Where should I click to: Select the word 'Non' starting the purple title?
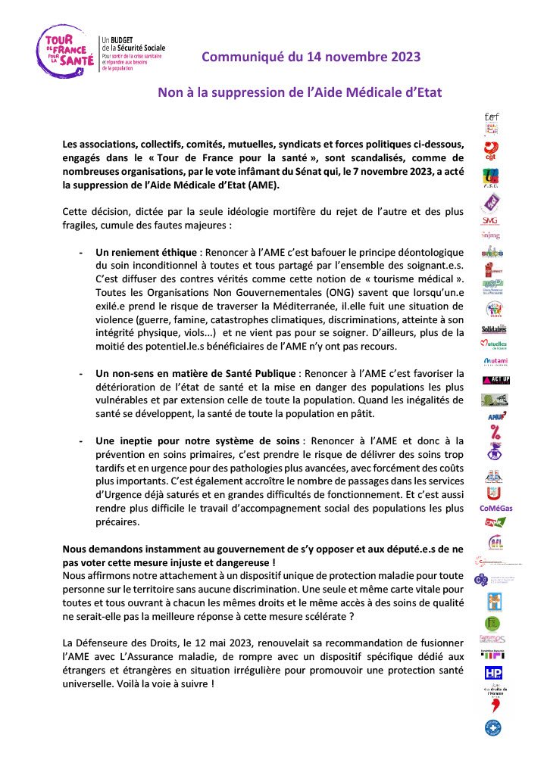(x=169, y=92)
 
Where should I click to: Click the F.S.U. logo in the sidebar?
(x=493, y=178)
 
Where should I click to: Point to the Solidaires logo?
(x=493, y=328)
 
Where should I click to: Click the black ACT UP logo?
(x=493, y=379)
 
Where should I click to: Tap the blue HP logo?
(x=493, y=672)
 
